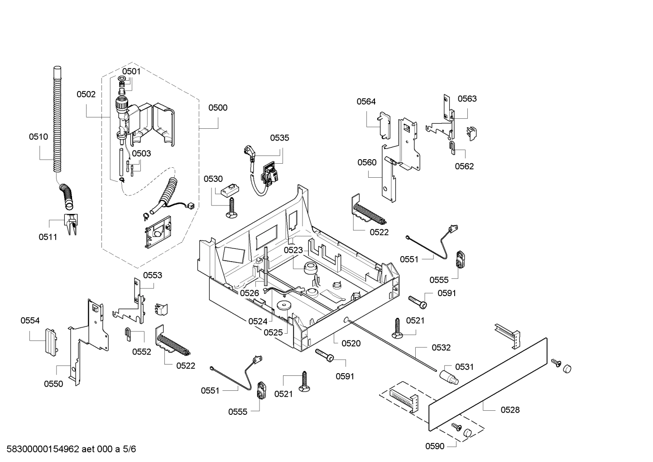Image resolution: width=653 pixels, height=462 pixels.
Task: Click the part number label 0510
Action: point(38,136)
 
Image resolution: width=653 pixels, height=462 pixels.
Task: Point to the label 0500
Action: point(218,107)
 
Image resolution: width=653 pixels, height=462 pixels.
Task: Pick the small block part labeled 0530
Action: point(228,190)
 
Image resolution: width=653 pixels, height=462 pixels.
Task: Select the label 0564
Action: point(366,102)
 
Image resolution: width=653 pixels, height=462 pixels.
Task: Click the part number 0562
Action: point(464,166)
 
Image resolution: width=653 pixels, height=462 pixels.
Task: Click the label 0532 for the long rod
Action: point(441,347)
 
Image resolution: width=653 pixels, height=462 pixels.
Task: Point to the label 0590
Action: point(435,446)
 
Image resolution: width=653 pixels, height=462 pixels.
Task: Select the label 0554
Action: point(30,321)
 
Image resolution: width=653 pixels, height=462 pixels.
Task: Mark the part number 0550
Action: point(53,384)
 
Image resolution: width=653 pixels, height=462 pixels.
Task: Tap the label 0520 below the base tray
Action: point(351,343)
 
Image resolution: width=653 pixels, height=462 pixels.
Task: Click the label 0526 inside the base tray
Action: point(250,293)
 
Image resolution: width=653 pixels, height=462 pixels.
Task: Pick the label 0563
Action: point(467,99)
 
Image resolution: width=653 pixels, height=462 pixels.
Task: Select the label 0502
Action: point(86,94)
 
